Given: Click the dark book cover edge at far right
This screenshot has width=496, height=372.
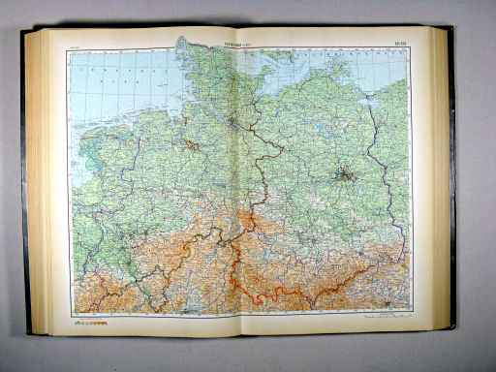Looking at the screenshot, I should point(451,184).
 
